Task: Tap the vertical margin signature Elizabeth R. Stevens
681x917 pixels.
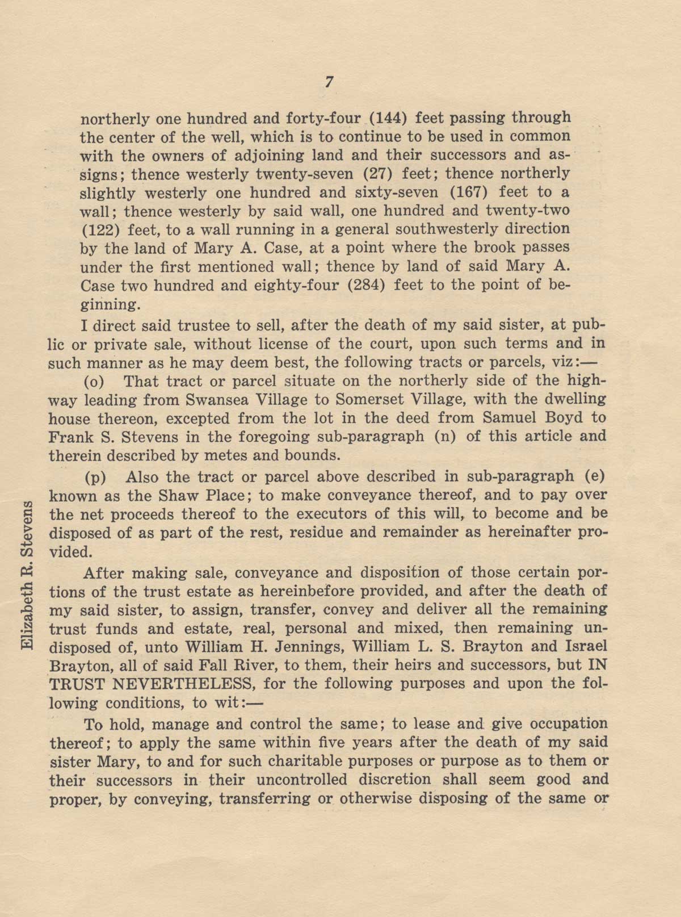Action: point(27,576)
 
